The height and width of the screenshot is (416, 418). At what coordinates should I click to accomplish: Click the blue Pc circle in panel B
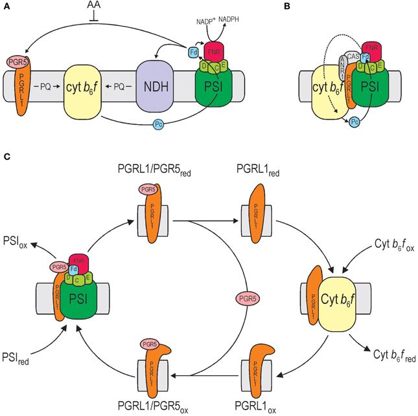coord(354,121)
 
